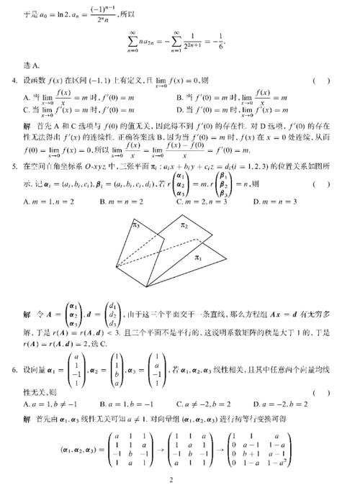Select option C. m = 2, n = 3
209,201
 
